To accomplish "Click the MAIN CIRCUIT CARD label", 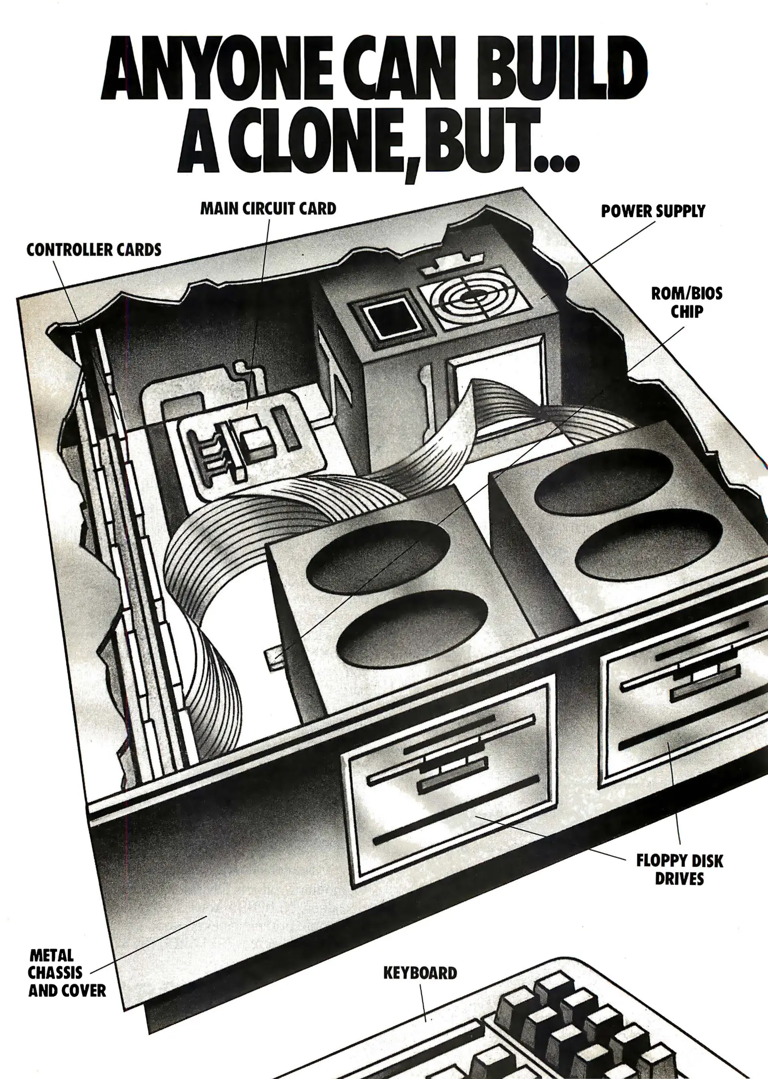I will click(268, 208).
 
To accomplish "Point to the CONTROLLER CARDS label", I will click(94, 249).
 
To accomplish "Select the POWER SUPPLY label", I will click(653, 211).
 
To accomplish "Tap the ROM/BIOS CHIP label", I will click(687, 302).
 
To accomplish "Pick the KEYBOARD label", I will click(420, 973).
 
